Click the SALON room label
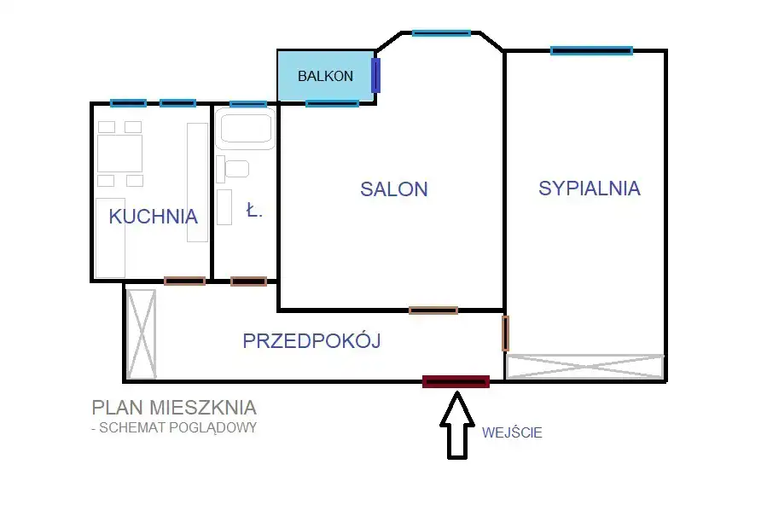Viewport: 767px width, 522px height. [394, 189]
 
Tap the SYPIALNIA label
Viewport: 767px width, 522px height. [590, 188]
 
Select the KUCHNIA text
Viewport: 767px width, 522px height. [153, 217]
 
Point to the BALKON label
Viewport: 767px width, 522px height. [325, 76]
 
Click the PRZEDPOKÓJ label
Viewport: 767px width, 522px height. [311, 340]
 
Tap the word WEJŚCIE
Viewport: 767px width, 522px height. [512, 432]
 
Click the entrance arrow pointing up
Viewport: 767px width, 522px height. [457, 425]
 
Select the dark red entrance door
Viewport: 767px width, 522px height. [456, 381]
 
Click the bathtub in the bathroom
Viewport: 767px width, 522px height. [246, 128]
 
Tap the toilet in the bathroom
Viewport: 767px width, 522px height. [233, 169]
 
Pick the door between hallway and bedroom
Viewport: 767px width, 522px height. [505, 333]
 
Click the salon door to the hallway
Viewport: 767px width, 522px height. [433, 310]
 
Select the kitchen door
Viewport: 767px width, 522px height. [184, 281]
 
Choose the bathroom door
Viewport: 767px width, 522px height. [248, 281]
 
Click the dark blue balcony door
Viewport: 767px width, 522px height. [375, 75]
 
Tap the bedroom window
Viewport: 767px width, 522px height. [591, 50]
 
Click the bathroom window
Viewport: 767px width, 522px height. [248, 104]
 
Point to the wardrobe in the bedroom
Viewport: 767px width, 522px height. [585, 367]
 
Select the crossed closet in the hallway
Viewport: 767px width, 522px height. [142, 334]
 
